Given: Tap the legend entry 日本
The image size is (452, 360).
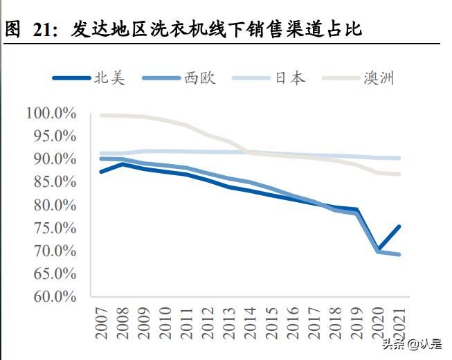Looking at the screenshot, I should click(290, 78).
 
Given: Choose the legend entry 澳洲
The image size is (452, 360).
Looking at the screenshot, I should click(379, 78).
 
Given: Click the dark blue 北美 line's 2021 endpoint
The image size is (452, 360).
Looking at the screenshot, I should click(399, 226).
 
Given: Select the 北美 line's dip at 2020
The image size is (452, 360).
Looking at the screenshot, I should click(378, 248).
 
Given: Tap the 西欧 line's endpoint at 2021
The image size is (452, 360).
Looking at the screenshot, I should click(399, 254).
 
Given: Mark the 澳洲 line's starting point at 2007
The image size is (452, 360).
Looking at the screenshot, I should click(102, 115).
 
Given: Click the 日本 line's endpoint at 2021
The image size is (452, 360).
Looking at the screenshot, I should click(399, 159).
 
